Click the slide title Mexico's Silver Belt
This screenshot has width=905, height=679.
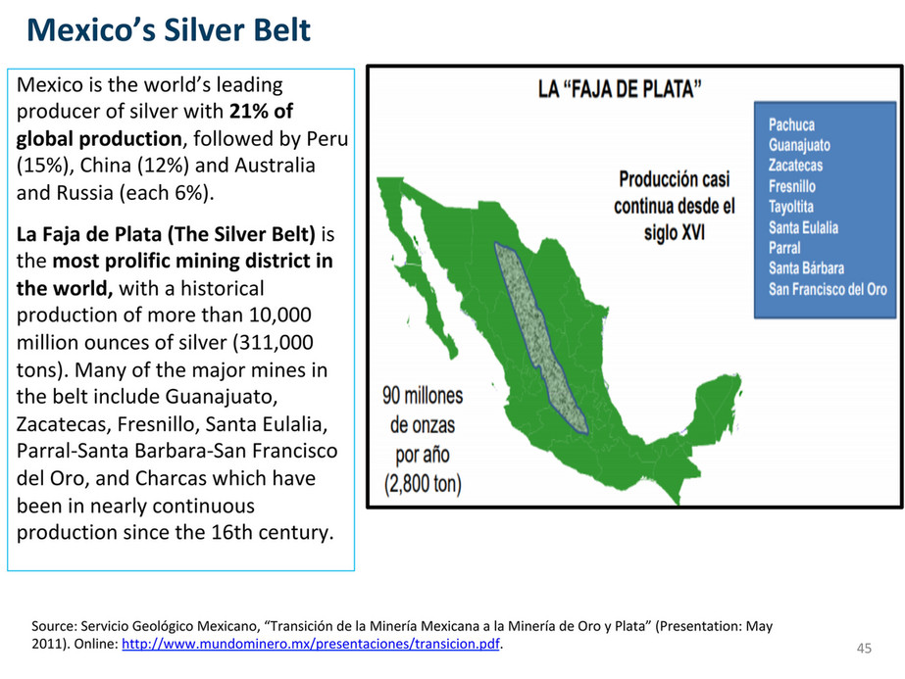pos(169,30)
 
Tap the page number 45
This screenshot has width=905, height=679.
pos(864,649)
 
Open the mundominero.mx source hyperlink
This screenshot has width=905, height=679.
pos(311,644)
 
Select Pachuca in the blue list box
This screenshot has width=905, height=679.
pos(791,124)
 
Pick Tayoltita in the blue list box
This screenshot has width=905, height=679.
pos(790,207)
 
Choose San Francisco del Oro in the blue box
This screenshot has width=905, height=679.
pos(828,288)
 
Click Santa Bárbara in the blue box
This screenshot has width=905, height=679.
pos(806,267)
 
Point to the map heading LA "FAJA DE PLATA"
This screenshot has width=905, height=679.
pos(620,89)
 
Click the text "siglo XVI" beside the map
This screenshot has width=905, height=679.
pos(675,232)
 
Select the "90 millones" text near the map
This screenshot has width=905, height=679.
pos(423,396)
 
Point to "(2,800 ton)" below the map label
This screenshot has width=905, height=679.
pos(423,483)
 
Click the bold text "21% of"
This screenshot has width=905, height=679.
pos(261,111)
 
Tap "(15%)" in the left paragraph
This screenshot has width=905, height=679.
pos(45,166)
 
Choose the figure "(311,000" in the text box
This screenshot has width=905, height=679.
pos(273,343)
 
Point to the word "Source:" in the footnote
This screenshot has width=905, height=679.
pos(54,626)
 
